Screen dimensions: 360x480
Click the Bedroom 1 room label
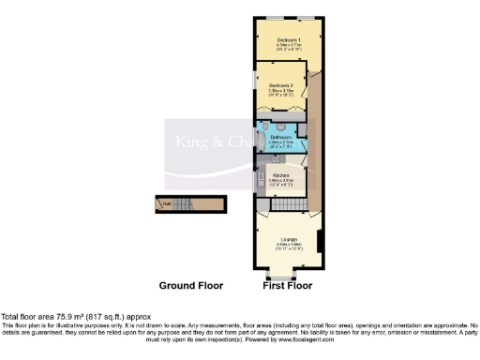coord(287,38)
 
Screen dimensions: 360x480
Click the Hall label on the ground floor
coord(166,203)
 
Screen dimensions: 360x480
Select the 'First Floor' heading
coord(287,285)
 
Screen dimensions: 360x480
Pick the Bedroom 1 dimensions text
coord(287,47)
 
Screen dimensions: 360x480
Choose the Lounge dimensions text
coord(286,247)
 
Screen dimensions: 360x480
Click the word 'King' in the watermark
coord(190,142)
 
